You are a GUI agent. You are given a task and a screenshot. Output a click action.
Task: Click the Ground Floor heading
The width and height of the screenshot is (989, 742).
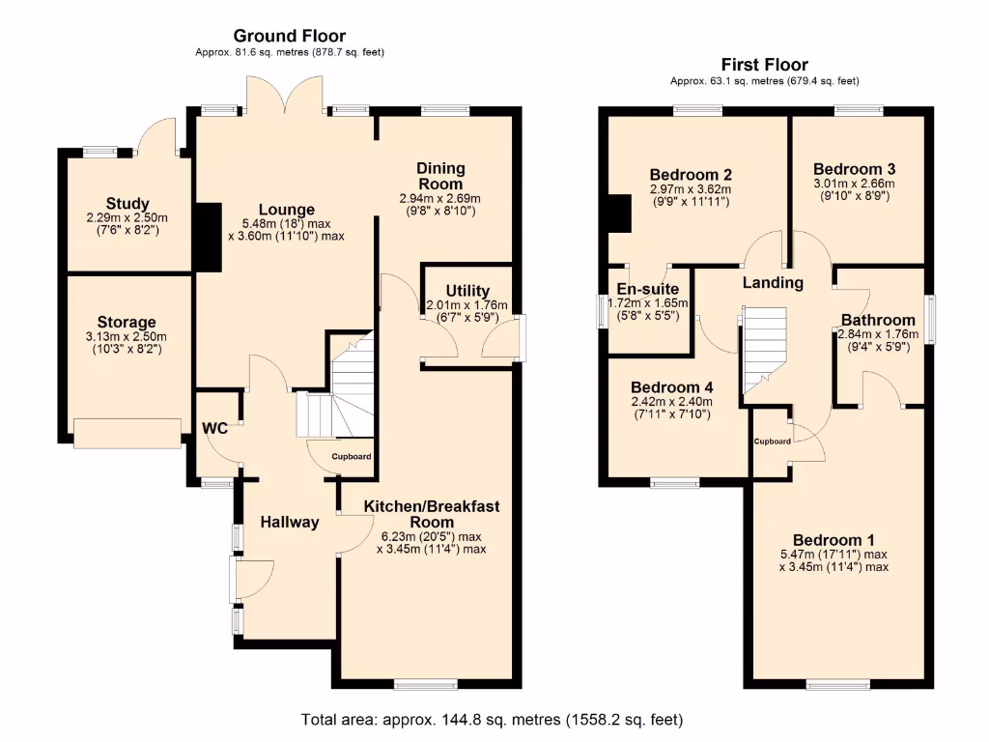[290, 37]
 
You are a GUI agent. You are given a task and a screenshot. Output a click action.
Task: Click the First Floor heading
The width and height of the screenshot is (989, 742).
[766, 65]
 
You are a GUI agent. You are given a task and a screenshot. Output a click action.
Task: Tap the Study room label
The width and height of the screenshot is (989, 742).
[127, 204]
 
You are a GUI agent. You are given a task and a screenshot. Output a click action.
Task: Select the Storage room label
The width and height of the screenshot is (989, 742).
[127, 322]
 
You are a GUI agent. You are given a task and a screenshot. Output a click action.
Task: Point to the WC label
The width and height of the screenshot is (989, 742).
[214, 428]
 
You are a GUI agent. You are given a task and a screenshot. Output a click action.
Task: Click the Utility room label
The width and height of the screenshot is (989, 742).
[467, 291]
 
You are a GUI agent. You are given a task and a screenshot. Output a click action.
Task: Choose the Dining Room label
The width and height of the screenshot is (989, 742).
[439, 176]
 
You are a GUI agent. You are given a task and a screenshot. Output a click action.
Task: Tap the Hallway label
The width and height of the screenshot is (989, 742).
[290, 522]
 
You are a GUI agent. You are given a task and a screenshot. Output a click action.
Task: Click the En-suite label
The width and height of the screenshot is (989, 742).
[648, 289]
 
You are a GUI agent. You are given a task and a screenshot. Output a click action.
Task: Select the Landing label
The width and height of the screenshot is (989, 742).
[773, 283]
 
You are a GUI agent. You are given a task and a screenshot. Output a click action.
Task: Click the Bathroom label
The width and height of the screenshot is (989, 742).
[878, 321]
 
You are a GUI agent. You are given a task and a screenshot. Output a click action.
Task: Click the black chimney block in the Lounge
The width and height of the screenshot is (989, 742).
[208, 238]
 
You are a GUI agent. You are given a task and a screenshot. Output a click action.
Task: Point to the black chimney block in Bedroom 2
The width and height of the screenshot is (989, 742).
[619, 214]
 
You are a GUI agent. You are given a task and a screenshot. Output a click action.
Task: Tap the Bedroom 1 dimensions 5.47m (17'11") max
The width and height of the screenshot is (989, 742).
[834, 555]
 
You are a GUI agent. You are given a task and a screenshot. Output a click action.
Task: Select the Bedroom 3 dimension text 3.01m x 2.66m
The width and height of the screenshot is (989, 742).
[854, 184]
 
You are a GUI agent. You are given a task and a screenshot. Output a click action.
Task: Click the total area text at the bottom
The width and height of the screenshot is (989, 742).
[493, 720]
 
